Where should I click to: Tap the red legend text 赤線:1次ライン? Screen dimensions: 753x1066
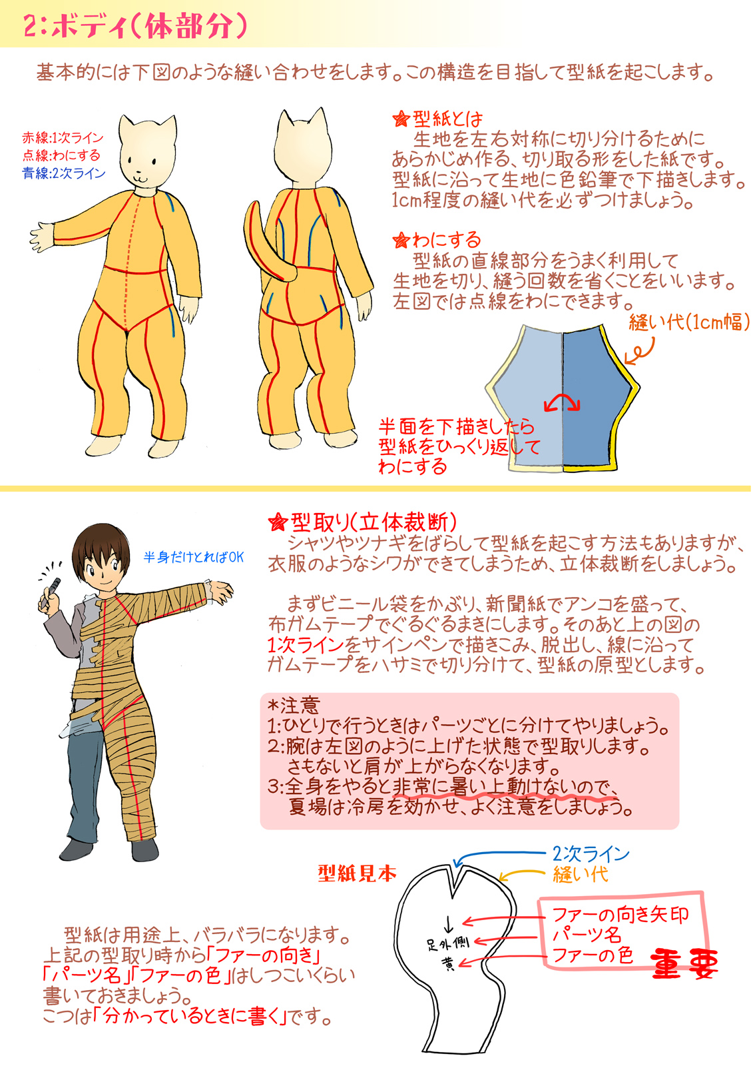pyautogui.click(x=63, y=138)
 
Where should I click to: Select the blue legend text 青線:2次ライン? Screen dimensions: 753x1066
pyautogui.click(x=64, y=173)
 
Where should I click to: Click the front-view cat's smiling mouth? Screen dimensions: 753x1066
pyautogui.click(x=140, y=177)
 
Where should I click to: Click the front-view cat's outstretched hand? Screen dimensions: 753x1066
pyautogui.click(x=42, y=237)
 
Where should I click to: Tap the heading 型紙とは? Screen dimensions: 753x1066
pyautogui.click(x=437, y=118)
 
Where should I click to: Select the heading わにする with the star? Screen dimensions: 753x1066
pyautogui.click(x=437, y=240)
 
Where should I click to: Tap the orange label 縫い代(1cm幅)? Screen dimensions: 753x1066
pyautogui.click(x=689, y=322)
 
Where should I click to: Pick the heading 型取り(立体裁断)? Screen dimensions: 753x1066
pyautogui.click(x=362, y=522)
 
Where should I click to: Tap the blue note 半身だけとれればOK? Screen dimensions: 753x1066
pyautogui.click(x=194, y=557)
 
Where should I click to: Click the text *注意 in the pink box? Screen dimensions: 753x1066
pyautogui.click(x=293, y=705)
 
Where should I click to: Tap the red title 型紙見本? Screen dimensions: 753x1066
pyautogui.click(x=358, y=873)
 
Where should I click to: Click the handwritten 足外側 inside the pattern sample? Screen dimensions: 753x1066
pyautogui.click(x=447, y=943)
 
